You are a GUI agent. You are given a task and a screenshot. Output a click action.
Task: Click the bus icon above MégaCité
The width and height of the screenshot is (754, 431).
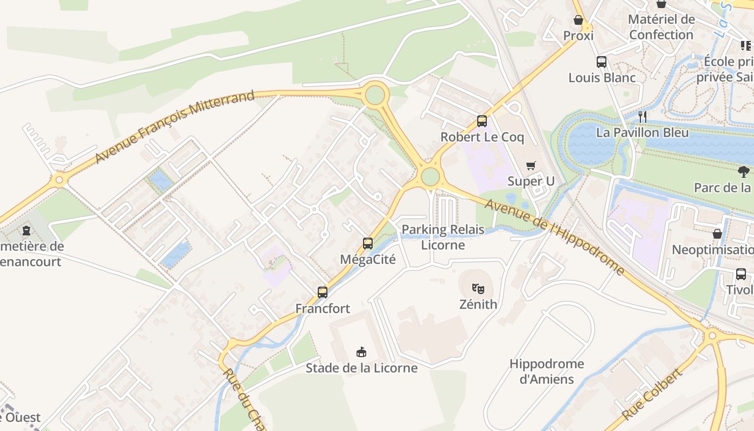click(x=368, y=243)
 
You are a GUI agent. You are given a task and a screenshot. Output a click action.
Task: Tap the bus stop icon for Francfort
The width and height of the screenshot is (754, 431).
click(x=323, y=293)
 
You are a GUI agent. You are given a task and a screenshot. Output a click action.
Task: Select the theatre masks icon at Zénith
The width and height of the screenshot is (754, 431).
click(x=478, y=288)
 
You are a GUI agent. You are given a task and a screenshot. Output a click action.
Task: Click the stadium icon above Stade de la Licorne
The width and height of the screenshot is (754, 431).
click(x=361, y=352)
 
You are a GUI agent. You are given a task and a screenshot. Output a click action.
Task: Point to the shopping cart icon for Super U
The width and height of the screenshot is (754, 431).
click(x=531, y=165)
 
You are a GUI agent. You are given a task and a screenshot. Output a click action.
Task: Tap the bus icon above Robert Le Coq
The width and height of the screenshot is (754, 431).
click(x=482, y=121)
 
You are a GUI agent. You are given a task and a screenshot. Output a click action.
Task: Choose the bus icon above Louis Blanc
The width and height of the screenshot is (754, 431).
click(x=602, y=62)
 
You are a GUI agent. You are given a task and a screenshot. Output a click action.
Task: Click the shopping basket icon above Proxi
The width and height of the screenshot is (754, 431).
click(x=578, y=20)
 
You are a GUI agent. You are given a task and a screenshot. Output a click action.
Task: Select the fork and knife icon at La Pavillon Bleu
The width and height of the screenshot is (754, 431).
click(x=642, y=116)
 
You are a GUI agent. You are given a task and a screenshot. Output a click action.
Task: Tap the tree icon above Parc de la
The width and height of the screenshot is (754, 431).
click(x=744, y=172)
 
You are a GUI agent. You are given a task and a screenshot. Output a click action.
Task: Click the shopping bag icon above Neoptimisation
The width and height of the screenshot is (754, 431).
click(x=717, y=234)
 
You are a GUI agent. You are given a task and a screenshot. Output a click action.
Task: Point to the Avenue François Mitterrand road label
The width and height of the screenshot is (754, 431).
click(x=174, y=128)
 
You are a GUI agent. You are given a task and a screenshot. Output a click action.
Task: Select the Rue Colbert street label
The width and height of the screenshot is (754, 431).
click(x=652, y=395)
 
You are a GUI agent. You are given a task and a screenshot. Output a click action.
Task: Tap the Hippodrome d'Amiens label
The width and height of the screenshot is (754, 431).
click(x=547, y=371)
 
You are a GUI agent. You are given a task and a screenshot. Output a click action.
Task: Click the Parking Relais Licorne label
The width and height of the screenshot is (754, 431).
click(x=443, y=237)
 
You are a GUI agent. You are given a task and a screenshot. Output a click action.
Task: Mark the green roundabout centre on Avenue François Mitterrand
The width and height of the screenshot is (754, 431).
click(x=375, y=95)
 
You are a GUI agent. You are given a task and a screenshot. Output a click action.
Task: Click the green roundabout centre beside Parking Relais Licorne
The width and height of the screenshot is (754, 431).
click(x=430, y=176)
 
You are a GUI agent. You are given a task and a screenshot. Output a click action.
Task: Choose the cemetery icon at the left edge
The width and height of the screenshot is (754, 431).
click(x=26, y=231)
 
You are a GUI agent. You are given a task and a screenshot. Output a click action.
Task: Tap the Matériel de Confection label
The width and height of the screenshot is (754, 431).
click(x=661, y=27)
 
